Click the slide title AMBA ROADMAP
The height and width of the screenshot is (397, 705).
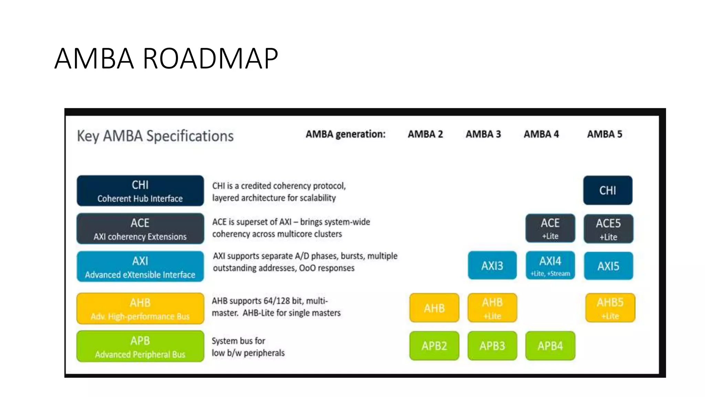coord(166,59)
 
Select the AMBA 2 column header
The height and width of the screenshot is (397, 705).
coord(425,134)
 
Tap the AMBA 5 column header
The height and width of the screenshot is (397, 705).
coord(604,134)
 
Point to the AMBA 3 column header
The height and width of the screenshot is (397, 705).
coord(483,134)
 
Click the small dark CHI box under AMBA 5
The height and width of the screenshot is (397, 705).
coord(608,190)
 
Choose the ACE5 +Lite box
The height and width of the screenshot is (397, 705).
coord(608,229)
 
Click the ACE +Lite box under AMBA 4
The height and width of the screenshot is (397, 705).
coord(550,228)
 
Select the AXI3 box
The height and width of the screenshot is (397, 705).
coord(492,265)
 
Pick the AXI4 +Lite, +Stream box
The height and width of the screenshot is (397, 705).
coord(550,265)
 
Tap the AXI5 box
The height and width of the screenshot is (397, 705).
coord(608,266)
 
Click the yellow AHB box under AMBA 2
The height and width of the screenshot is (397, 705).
coord(434,308)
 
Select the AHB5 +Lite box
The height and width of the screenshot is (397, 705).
coord(610,308)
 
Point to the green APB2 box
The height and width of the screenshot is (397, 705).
coord(434,346)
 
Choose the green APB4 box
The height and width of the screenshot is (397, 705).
coord(550,346)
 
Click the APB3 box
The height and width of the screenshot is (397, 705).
coord(492,346)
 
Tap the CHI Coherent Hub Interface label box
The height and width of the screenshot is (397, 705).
coord(140,191)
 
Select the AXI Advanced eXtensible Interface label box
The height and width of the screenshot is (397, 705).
coord(140,266)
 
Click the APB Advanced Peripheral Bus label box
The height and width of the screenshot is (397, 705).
coord(140,346)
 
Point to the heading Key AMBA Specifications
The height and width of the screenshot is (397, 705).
coord(155,136)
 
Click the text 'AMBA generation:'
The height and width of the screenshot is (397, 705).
coord(345,134)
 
